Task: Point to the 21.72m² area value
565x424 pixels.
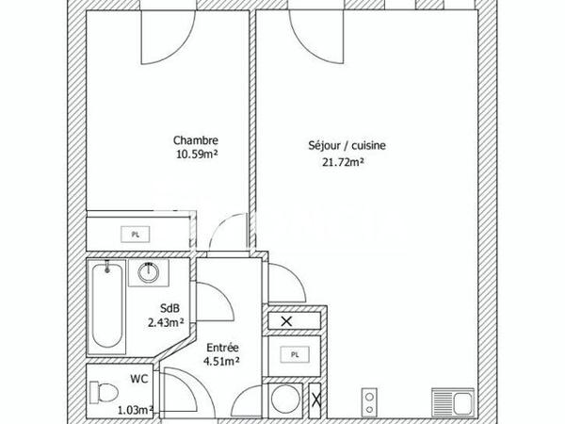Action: click(344, 161)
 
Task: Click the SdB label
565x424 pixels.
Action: click(169, 308)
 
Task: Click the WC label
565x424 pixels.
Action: click(139, 379)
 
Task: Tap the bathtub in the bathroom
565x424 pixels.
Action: click(107, 306)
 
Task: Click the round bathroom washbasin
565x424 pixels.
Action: click(149, 273)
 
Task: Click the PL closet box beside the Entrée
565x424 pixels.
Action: click(294, 354)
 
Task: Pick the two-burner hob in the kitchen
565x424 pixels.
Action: click(370, 403)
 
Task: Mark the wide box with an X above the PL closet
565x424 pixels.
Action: click(286, 322)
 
